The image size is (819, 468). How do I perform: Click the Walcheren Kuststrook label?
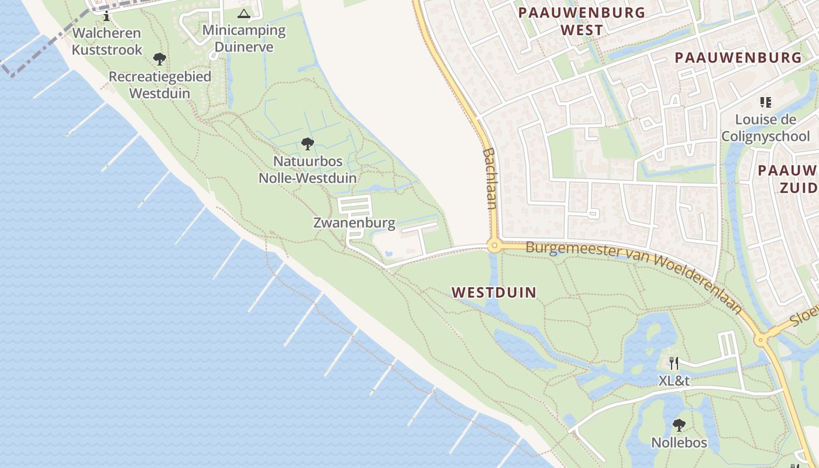(x=107, y=41)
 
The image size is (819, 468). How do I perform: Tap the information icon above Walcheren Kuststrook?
(x=106, y=16)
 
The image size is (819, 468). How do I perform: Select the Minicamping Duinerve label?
(x=244, y=39)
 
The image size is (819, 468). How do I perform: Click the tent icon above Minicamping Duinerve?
(x=244, y=13)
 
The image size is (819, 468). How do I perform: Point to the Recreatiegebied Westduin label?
(x=160, y=85)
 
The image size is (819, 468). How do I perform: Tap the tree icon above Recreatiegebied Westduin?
(x=159, y=59)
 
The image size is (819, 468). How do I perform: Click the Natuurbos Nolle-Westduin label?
(x=308, y=169)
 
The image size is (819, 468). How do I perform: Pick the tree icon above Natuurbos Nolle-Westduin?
(x=307, y=144)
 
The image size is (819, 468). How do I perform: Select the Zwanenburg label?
(x=355, y=223)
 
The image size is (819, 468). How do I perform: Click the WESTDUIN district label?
(x=494, y=292)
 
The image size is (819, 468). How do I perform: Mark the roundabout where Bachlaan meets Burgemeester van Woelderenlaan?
(x=494, y=246)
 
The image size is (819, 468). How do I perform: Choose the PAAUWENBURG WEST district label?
(x=581, y=21)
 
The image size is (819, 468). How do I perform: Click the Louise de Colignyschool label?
(x=766, y=128)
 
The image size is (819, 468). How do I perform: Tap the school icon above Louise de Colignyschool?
(x=765, y=102)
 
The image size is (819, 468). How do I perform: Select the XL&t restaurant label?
(x=674, y=381)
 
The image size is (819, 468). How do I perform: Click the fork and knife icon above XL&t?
(x=674, y=363)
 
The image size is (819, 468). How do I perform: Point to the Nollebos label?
(x=679, y=443)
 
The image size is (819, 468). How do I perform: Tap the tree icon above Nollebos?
(x=679, y=425)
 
